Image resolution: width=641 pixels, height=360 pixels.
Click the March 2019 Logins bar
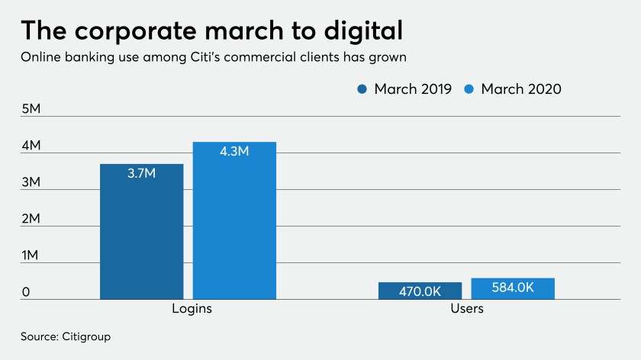(x=141, y=232)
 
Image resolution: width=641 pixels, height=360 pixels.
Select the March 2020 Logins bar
(x=235, y=220)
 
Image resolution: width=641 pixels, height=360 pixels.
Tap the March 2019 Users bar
(x=420, y=291)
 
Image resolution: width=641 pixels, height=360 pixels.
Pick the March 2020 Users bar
(x=513, y=288)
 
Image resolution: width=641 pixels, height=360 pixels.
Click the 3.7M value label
(x=141, y=173)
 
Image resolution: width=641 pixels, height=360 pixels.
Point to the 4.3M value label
(x=234, y=151)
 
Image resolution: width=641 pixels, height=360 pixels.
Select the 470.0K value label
(x=420, y=291)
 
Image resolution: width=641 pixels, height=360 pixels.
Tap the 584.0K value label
(x=513, y=288)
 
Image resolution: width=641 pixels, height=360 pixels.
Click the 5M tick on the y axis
(x=31, y=109)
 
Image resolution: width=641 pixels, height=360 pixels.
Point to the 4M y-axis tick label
(x=31, y=145)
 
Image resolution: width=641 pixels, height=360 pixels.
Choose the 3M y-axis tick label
(x=31, y=182)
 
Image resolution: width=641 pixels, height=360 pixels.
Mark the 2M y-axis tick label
(x=31, y=219)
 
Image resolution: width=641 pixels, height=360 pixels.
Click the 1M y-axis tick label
(x=30, y=255)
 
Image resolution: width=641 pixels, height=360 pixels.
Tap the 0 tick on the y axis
(x=26, y=292)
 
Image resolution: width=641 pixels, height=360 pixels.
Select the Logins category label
(x=192, y=308)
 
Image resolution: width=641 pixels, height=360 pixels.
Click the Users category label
(x=467, y=308)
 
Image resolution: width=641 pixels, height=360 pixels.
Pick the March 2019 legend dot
(x=362, y=89)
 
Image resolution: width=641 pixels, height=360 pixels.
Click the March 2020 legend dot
(x=469, y=89)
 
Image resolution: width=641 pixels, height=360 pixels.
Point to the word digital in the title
(x=363, y=31)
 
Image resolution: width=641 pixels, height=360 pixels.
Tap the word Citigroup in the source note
(x=86, y=336)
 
